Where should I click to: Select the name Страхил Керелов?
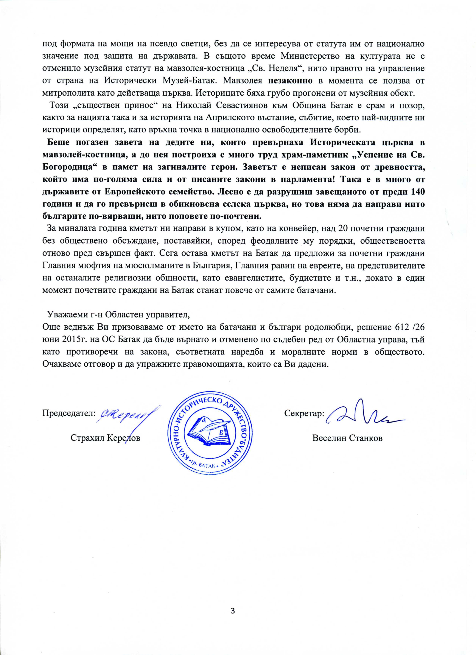(x=105, y=438)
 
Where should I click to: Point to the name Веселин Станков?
(x=347, y=438)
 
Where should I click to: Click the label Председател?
(x=69, y=413)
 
